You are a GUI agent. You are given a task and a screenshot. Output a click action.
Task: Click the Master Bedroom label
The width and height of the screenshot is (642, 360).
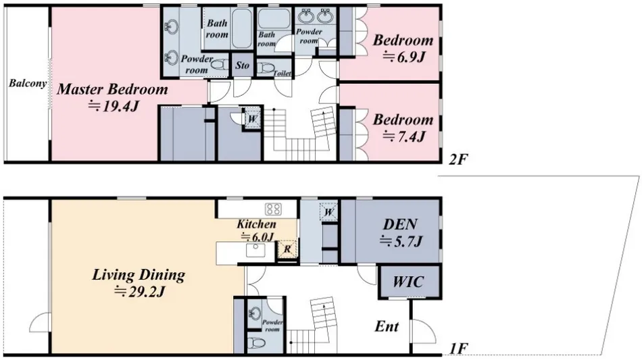coord(112,89)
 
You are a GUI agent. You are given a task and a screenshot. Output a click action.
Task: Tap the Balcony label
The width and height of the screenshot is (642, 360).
coord(28,84)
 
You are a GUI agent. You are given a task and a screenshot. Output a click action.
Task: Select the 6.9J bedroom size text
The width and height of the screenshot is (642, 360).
coord(403,57)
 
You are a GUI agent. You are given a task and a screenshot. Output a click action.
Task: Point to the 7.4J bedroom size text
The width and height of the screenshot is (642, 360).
coord(403,136)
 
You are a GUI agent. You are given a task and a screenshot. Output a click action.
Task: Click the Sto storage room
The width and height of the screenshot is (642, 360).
coord(243,65)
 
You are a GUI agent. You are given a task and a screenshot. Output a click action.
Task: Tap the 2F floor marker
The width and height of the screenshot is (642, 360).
coord(458,159)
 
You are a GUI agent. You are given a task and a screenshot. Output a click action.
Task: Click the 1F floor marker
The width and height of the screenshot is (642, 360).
coord(458,349)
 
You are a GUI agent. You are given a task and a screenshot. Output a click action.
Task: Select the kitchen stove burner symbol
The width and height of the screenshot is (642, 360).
coord(273,209)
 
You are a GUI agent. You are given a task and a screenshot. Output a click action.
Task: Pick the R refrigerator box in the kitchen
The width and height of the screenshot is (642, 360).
coord(287,249)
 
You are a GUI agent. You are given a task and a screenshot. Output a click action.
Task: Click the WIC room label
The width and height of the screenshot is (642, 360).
coord(408,282)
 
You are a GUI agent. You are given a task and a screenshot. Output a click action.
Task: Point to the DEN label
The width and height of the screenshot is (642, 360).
coord(400,224)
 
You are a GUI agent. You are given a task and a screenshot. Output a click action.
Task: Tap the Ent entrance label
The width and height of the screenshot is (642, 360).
coord(387,326)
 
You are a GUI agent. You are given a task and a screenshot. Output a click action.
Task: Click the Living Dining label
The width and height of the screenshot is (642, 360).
coord(139,274)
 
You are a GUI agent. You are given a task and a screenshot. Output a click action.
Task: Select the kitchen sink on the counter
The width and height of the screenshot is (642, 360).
coord(255,249)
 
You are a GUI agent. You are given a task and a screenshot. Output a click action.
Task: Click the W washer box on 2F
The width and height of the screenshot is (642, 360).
coord(252,119)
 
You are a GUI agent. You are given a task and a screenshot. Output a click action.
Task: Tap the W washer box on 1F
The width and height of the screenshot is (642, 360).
coord(329,211)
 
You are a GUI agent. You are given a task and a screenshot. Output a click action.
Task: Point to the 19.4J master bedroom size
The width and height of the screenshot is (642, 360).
coord(114,106)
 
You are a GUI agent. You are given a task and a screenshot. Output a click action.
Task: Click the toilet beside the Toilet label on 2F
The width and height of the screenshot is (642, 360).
coord(266,68)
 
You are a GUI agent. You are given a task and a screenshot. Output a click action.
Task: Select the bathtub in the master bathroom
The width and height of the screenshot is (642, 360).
coord(242,28)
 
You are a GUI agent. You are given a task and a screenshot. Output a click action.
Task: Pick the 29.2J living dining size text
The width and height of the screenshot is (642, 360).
coord(139,292)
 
